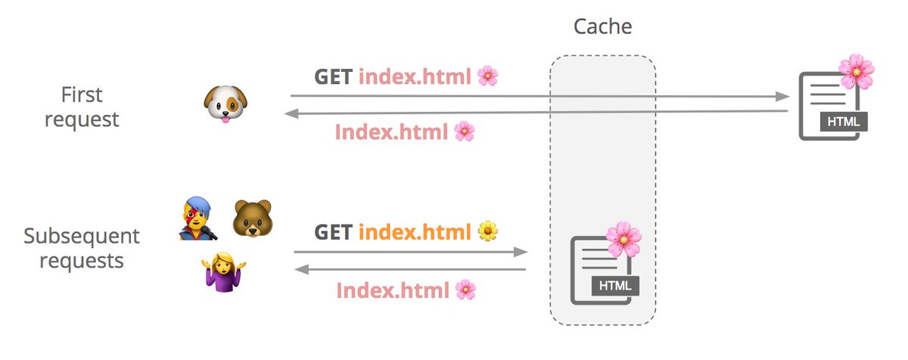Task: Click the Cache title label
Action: pos(602,27)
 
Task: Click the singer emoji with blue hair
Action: pos(199,219)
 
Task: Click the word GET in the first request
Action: pos(332,76)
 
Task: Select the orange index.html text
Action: pos(415,231)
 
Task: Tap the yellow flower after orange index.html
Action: pos(487,231)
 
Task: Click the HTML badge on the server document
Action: pos(842,121)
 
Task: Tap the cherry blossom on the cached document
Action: pos(623,239)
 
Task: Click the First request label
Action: pos(82,107)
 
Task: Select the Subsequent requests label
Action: pos(82,248)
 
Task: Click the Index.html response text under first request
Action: pos(393,132)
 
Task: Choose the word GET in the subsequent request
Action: pos(332,231)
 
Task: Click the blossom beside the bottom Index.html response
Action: pos(466,290)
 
